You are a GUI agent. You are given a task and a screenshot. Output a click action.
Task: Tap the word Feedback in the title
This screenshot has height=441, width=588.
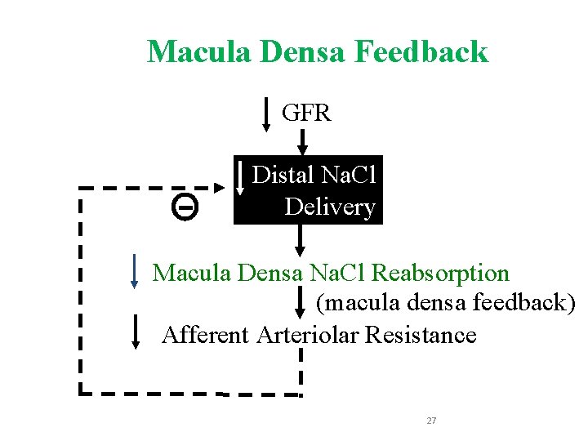(x=421, y=52)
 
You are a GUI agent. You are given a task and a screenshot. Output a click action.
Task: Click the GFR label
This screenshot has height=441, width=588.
(x=306, y=113)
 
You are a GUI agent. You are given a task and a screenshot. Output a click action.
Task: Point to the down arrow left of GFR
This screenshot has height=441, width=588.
(x=268, y=114)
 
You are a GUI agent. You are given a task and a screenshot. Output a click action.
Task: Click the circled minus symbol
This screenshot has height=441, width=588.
(x=185, y=208)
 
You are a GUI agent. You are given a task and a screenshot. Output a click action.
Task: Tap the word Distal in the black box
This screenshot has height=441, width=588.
(x=283, y=175)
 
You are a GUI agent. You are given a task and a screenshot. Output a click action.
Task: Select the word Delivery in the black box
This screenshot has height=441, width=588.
(x=330, y=207)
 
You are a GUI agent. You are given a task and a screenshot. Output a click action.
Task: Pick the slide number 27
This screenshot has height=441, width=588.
(x=432, y=421)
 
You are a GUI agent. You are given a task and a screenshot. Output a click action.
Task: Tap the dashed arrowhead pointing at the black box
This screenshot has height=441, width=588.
(x=219, y=187)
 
